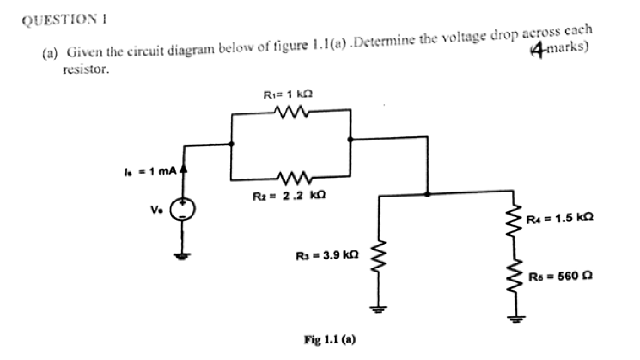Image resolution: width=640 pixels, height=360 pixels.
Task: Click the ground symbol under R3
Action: pos(380,309)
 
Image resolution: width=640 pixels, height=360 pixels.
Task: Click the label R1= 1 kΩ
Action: pos(289,94)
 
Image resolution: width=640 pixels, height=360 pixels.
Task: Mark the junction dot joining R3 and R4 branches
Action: pos(427,194)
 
